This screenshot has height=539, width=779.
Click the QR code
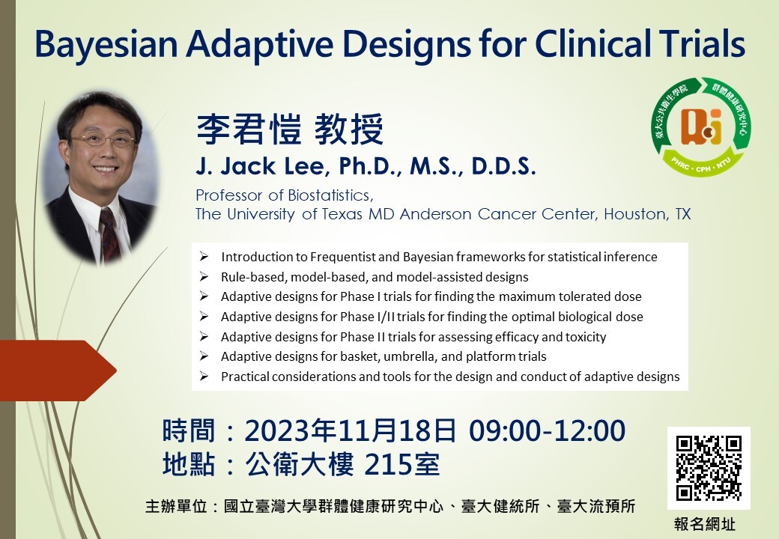[x=709, y=468]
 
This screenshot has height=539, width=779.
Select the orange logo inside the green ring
[x=701, y=127]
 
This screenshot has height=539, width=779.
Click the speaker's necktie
[x=109, y=234]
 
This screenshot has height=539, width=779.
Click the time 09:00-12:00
[x=547, y=430]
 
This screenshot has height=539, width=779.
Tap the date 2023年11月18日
[x=351, y=430]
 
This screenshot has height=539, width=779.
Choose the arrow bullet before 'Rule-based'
[x=204, y=276]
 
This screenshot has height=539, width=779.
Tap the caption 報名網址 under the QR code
[x=705, y=524]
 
